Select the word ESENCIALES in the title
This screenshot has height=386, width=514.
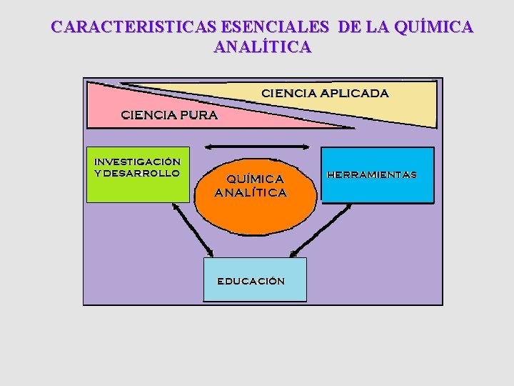click(276, 27)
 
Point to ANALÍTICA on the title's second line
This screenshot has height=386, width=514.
click(262, 47)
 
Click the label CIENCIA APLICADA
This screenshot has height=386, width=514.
click(325, 93)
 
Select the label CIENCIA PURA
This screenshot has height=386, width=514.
click(169, 114)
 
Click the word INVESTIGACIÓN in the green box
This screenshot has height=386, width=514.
click(137, 162)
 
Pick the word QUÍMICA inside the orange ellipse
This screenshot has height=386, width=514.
click(255, 178)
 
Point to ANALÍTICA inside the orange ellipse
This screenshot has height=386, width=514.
click(251, 192)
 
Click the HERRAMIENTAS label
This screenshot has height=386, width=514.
click(371, 174)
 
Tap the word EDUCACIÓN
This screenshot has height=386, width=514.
click(251, 281)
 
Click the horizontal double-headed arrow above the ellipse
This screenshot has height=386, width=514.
click(256, 146)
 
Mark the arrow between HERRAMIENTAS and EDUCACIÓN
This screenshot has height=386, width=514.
click(321, 229)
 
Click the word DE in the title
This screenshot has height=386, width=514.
click(350, 27)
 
